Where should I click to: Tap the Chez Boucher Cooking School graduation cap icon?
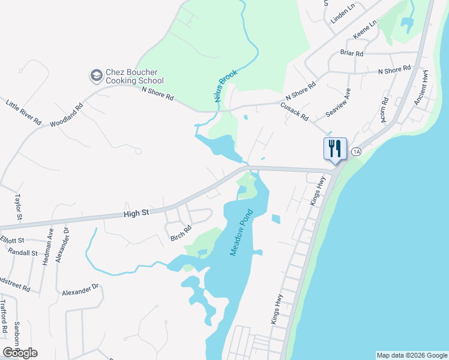coord(96,76)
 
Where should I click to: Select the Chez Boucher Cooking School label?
coord(134,76)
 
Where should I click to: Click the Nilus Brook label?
coord(226,85)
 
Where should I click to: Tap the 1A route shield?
coord(357,151)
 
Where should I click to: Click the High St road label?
coord(136,213)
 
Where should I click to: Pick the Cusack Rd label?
coord(294,110)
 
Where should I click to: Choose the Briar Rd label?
coord(352,53)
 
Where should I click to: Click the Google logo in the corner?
coord(20,353)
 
